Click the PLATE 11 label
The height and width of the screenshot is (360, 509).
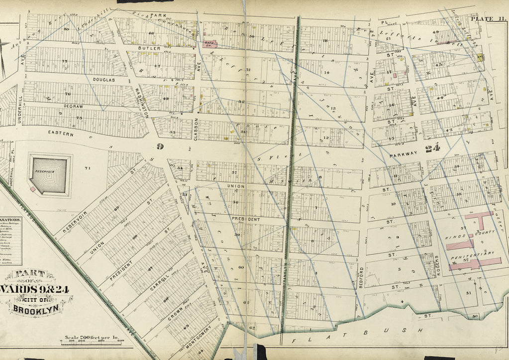point(487,19)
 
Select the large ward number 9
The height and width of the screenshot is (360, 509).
point(160,146)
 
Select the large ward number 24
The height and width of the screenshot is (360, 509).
point(431,148)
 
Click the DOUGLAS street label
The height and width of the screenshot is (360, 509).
point(103,80)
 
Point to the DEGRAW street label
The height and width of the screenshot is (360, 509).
point(73,106)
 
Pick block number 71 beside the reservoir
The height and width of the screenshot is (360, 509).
point(88,168)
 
